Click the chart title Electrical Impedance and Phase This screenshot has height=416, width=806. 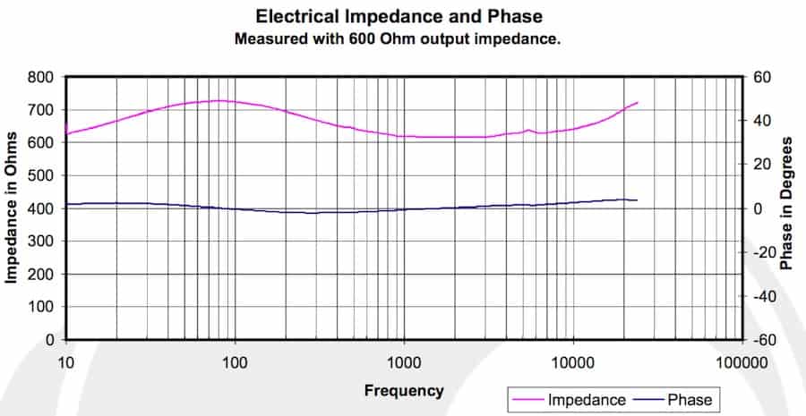[x=399, y=16]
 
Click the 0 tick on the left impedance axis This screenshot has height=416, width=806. [x=52, y=340]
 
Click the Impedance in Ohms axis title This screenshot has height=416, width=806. [x=13, y=208]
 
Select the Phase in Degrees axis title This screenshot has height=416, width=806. [x=787, y=204]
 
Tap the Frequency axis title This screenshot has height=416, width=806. [x=404, y=390]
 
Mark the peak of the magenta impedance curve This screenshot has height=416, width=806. [x=219, y=100]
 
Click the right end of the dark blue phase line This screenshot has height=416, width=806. [x=637, y=200]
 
